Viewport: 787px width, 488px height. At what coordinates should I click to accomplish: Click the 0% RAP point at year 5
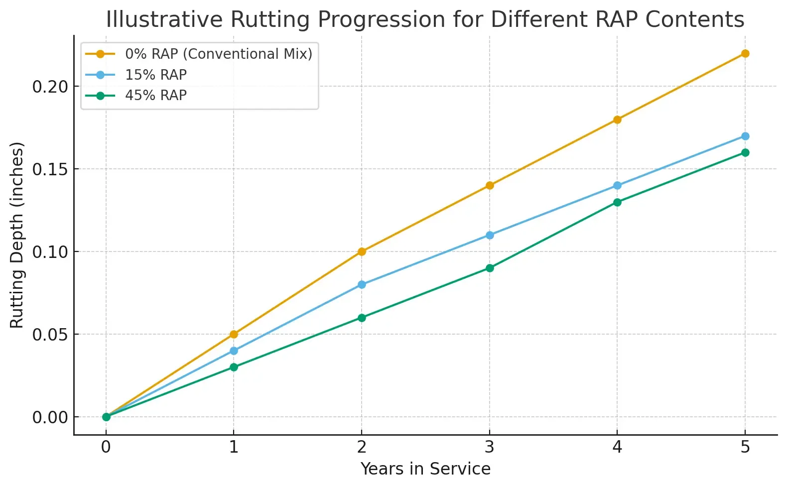pyautogui.click(x=745, y=53)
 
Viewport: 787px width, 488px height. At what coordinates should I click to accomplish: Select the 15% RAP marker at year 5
pyautogui.click(x=745, y=136)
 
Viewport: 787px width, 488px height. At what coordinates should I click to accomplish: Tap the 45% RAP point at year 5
pyautogui.click(x=745, y=152)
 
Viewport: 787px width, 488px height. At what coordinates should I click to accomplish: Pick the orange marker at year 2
pyautogui.click(x=362, y=251)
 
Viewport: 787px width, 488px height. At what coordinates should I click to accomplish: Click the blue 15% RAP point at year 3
pyautogui.click(x=490, y=235)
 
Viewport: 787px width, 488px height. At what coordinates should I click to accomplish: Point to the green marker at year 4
pyautogui.click(x=617, y=202)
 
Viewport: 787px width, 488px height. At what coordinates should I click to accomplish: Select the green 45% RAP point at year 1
pyautogui.click(x=234, y=367)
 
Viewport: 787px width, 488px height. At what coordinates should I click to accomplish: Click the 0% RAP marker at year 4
pyautogui.click(x=617, y=120)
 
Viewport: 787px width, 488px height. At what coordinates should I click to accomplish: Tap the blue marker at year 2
pyautogui.click(x=362, y=285)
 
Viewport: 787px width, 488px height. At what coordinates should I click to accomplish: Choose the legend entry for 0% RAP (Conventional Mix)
pyautogui.click(x=218, y=54)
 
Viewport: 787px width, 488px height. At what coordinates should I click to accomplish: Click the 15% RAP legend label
pyautogui.click(x=155, y=75)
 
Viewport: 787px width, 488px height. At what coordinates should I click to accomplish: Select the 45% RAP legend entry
pyautogui.click(x=155, y=95)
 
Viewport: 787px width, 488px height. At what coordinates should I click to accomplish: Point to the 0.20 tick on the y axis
pyautogui.click(x=49, y=87)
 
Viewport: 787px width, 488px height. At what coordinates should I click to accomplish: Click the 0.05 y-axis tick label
pyautogui.click(x=49, y=335)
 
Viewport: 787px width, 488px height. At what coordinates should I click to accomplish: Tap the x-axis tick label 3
pyautogui.click(x=490, y=447)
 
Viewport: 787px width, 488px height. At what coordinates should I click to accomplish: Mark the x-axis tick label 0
pyautogui.click(x=106, y=447)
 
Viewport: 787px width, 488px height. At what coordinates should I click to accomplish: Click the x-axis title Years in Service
pyautogui.click(x=425, y=469)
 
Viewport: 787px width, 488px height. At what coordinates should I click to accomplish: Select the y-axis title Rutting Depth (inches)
pyautogui.click(x=17, y=235)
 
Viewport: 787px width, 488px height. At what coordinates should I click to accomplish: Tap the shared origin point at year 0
pyautogui.click(x=106, y=417)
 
